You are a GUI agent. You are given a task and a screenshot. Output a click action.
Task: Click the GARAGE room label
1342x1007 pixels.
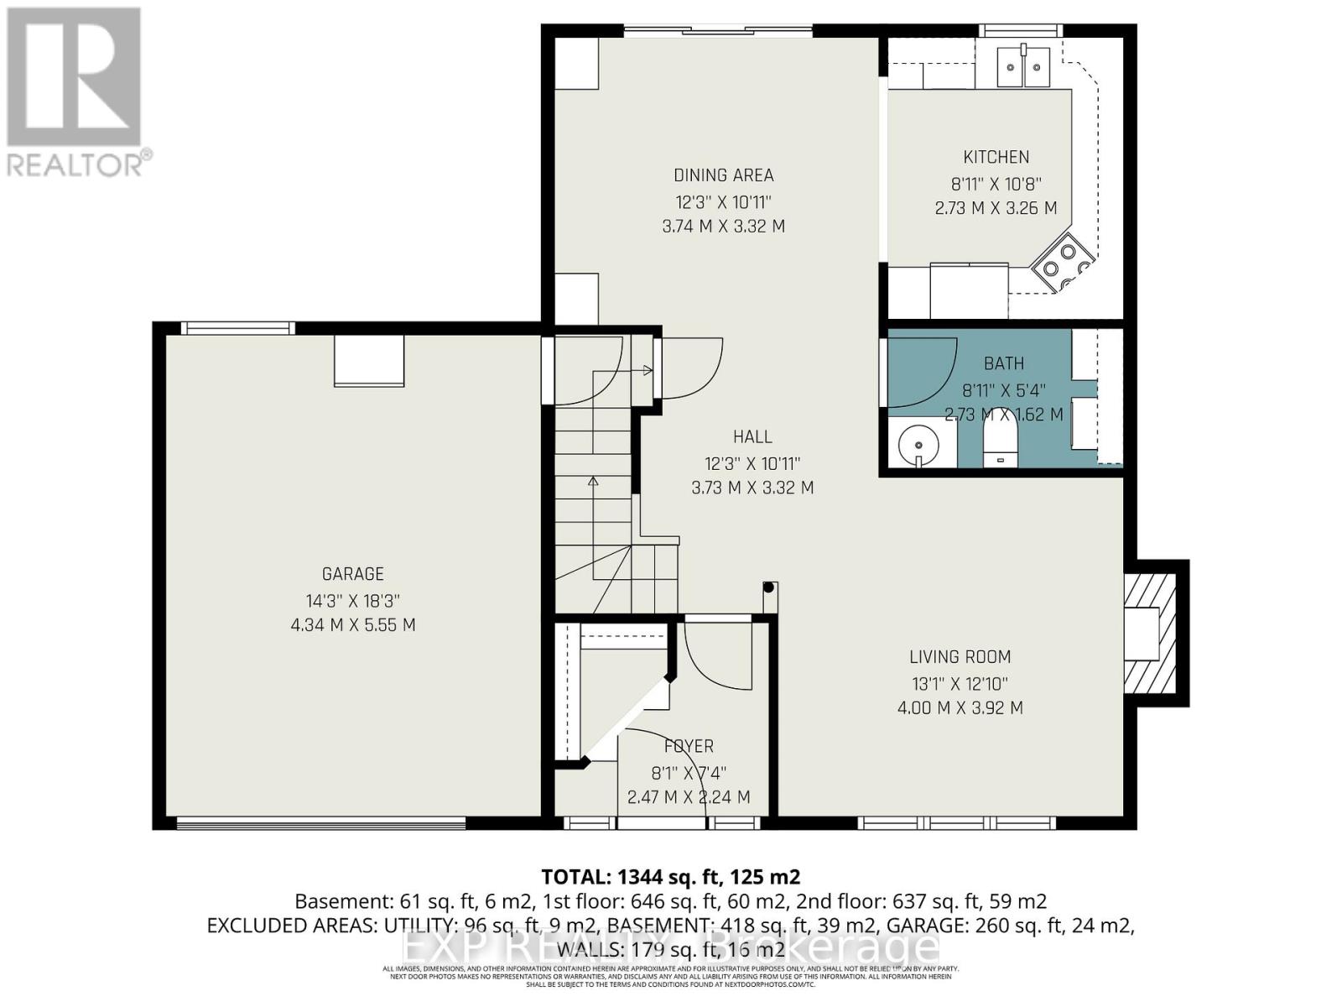352,574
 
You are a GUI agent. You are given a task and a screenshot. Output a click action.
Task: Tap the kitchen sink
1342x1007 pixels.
1023,66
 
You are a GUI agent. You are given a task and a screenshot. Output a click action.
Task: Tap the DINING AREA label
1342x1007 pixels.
723,175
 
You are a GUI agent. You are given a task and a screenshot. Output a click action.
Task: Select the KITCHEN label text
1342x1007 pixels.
996,157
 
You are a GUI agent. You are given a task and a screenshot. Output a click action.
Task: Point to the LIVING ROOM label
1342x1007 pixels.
960,657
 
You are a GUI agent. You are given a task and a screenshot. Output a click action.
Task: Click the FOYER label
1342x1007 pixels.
689,746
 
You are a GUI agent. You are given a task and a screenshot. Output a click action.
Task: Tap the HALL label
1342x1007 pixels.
752,436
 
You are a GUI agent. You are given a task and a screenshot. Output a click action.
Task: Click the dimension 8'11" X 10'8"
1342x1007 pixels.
996,183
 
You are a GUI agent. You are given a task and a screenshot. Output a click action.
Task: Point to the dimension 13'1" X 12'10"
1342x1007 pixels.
960,683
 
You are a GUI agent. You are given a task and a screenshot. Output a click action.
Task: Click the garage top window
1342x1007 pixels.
238,328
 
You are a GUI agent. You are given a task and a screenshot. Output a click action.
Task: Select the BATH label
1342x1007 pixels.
1003,363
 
